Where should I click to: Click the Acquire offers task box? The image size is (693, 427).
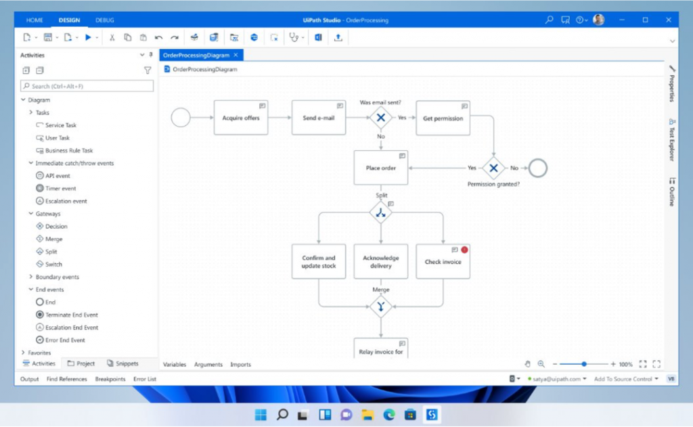point(241,118)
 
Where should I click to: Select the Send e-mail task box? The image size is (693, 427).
point(319,118)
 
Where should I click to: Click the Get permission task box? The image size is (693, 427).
point(443,118)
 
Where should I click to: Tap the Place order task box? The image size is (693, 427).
point(381,168)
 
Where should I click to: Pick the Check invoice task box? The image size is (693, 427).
point(443,262)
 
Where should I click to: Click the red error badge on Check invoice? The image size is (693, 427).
point(464,250)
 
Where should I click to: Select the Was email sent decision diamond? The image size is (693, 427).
point(381,118)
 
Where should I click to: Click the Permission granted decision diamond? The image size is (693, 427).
point(493,168)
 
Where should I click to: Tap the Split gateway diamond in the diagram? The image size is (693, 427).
point(381,212)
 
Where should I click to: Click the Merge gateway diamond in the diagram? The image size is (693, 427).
point(381,307)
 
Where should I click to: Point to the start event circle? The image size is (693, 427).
point(181,118)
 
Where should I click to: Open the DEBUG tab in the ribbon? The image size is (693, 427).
point(105,20)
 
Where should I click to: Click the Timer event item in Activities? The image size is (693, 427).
point(60,189)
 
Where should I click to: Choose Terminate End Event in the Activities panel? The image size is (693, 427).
point(71,315)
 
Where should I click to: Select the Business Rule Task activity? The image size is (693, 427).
point(68,151)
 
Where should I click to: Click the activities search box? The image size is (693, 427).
point(87,86)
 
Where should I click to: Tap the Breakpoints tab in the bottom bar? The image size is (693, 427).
point(110,379)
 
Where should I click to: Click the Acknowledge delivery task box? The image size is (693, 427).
point(381,262)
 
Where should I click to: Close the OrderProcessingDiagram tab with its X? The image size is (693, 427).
point(236,55)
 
